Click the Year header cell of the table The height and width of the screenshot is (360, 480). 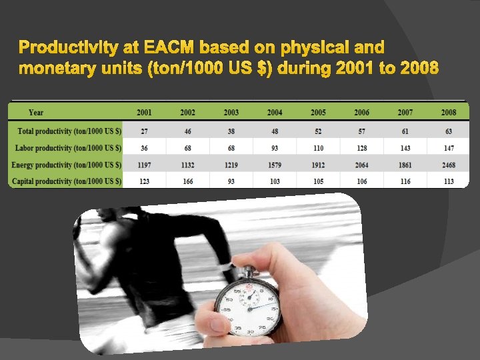tap(36, 112)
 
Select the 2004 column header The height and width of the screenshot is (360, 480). tap(275, 112)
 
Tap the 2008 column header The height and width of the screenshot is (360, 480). tap(449, 112)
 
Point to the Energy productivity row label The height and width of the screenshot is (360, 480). tap(67, 164)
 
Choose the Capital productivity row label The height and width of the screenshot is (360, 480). tap(67, 181)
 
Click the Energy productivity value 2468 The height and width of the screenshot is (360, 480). tap(449, 164)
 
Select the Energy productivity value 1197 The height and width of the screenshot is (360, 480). tap(145, 164)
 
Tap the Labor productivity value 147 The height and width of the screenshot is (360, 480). tap(449, 147)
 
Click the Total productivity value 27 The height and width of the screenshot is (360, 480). tap(145, 131)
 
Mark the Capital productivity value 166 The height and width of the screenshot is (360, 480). tap(188, 181)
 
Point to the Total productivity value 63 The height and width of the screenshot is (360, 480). tap(449, 131)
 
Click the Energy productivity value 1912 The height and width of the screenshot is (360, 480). tap(318, 164)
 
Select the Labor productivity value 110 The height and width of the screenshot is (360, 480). tap(318, 147)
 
